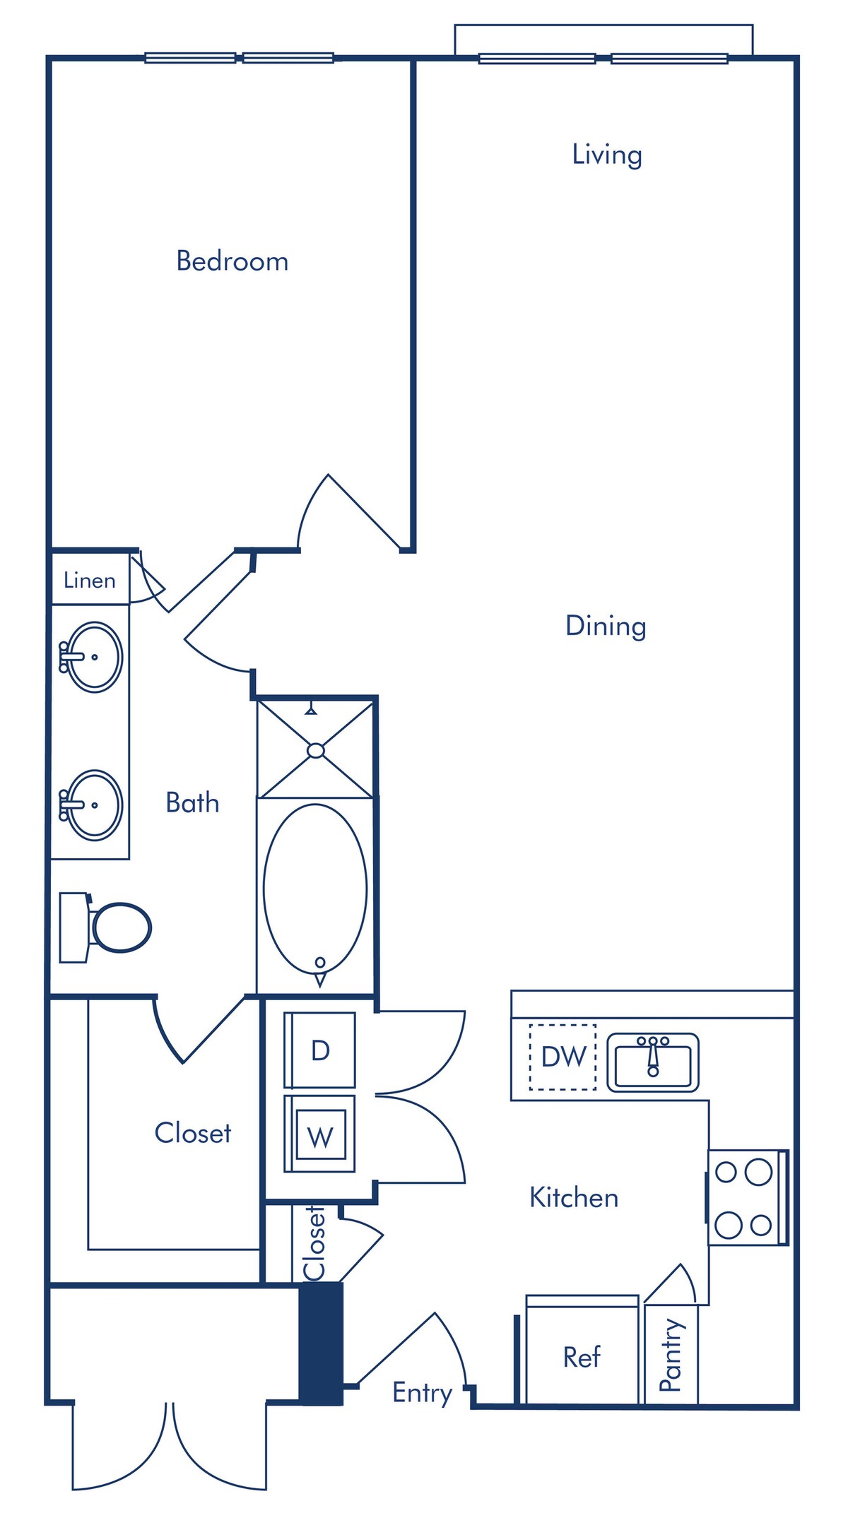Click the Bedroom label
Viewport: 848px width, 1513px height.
pyautogui.click(x=232, y=261)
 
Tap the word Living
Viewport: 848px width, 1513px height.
pyautogui.click(x=607, y=155)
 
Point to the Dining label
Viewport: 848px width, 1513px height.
pyautogui.click(x=606, y=627)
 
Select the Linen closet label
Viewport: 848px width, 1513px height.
pyautogui.click(x=89, y=581)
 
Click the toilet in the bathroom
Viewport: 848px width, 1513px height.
pyautogui.click(x=106, y=927)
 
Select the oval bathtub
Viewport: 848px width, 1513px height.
pyautogui.click(x=315, y=889)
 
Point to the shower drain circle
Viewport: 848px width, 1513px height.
pyautogui.click(x=316, y=751)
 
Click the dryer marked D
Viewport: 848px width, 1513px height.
pyautogui.click(x=320, y=1050)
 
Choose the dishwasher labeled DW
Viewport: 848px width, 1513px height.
pyautogui.click(x=563, y=1057)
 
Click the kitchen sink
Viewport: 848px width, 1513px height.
pyautogui.click(x=653, y=1062)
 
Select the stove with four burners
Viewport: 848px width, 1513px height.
pyautogui.click(x=748, y=1198)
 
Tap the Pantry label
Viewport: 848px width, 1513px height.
pyautogui.click(x=671, y=1355)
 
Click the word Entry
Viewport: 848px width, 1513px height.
pyautogui.click(x=423, y=1394)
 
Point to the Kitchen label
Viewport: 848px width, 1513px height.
pyautogui.click(x=574, y=1198)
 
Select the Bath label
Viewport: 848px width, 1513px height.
pyautogui.click(x=192, y=803)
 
